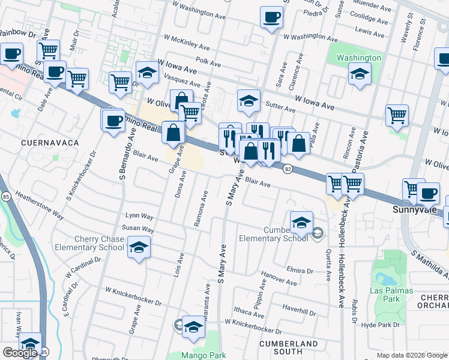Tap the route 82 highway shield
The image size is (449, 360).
[288, 170]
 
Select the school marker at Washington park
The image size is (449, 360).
[359, 74]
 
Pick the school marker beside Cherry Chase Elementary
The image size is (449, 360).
[139, 247]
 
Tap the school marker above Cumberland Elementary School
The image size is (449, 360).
[301, 222]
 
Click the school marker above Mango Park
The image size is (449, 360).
[193, 326]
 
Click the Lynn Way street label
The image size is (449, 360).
[139, 216]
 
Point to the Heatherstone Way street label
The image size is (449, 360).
[40, 205]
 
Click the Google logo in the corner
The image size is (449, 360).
[20, 353]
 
